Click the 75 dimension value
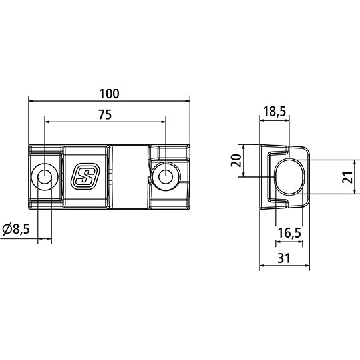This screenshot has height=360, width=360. pos(104,114)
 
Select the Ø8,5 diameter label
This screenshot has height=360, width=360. pos(16,230)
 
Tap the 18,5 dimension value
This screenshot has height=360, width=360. pos(273,112)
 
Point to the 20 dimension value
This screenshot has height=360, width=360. pos(234,160)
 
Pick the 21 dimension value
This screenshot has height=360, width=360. pos(346,177)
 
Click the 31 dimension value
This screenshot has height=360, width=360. pos(284,257)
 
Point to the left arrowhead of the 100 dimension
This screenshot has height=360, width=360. pos(31,100)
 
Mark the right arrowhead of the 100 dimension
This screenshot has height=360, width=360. pos(187,100)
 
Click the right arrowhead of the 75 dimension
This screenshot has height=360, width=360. pos(162,122)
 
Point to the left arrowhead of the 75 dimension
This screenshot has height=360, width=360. pos(47,122)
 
